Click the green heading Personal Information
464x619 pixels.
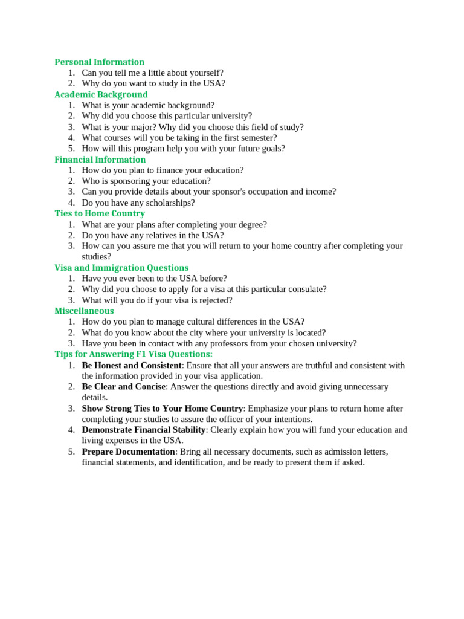tap(99, 62)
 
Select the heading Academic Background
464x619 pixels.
tap(101, 94)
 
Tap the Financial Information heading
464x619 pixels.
tap(100, 160)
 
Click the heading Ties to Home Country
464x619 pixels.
tap(100, 213)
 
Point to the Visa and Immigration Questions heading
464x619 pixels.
tap(121, 268)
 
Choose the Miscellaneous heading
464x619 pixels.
tap(84, 311)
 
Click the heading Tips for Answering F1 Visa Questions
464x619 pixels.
tap(134, 354)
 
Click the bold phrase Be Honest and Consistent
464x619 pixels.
tap(132, 365)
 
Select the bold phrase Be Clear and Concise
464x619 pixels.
tap(123, 386)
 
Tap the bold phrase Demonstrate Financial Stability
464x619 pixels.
tap(144, 430)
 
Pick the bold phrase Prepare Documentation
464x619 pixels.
tap(128, 452)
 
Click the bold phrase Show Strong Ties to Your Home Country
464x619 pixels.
tap(163, 409)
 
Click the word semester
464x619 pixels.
tap(255, 138)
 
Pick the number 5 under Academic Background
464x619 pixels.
tap(71, 149)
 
